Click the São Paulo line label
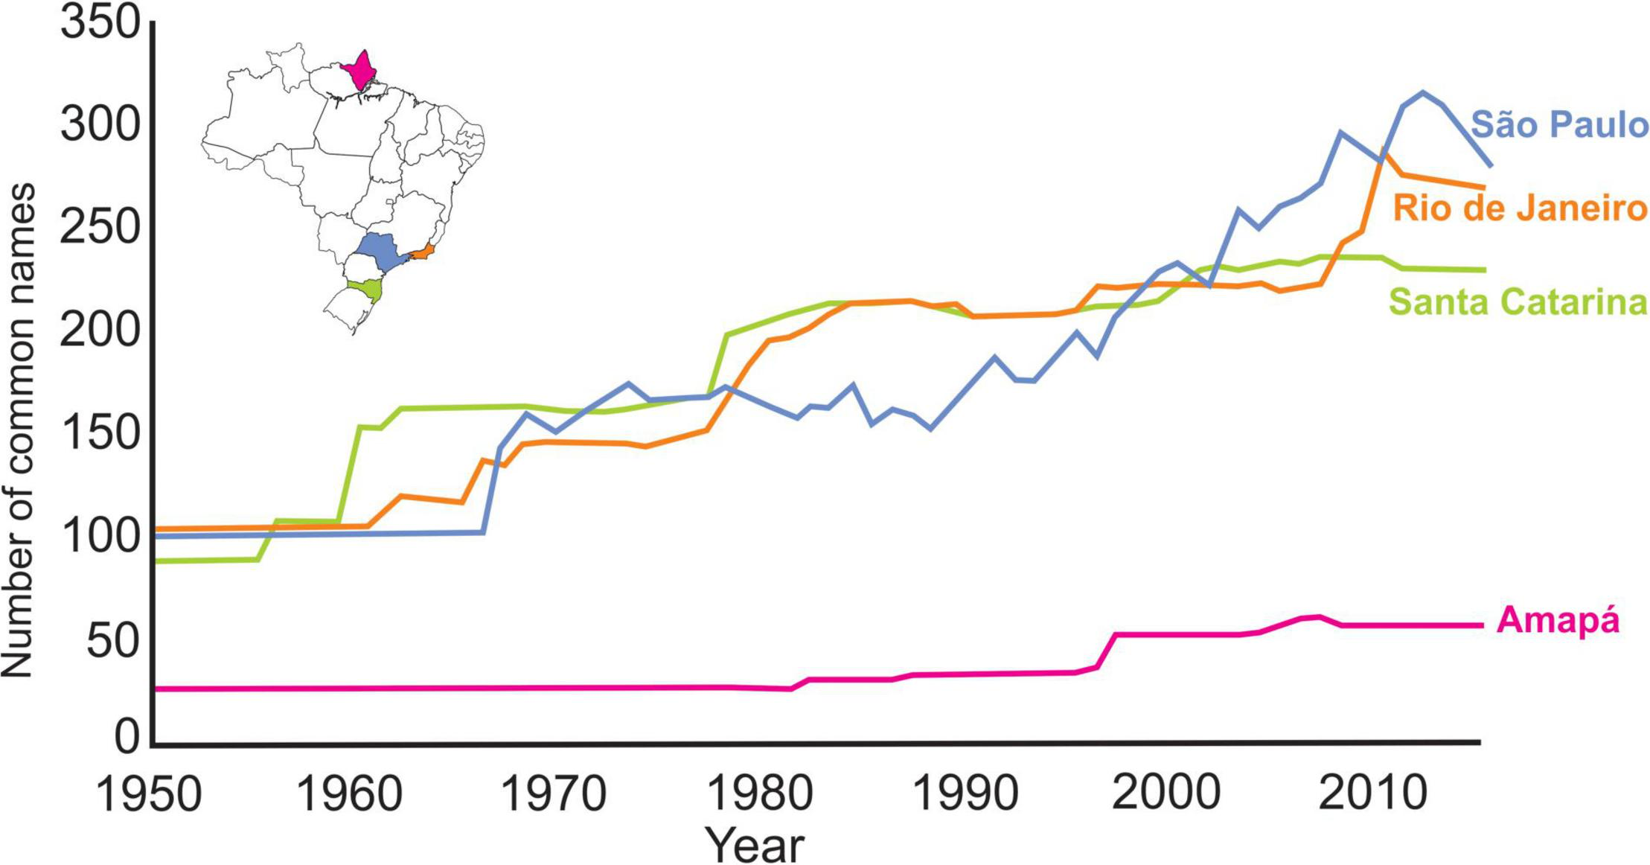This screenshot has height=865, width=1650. [x=1560, y=125]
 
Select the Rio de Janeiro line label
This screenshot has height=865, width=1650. [x=1520, y=208]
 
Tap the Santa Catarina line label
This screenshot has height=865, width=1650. [x=1518, y=302]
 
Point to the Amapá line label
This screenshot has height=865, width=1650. [x=1558, y=621]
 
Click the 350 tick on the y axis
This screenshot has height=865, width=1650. [x=100, y=23]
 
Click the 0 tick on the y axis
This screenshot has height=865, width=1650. [x=127, y=738]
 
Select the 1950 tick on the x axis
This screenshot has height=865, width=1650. [x=149, y=794]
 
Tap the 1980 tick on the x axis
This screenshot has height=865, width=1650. [x=759, y=794]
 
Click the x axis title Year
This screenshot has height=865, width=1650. [x=755, y=845]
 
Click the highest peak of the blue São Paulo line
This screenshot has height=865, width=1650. [x=1422, y=93]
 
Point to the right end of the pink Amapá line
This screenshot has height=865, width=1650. [x=1483, y=625]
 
